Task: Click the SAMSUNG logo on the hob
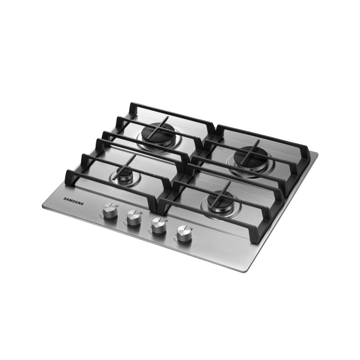click(73, 201)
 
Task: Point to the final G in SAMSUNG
click(82, 204)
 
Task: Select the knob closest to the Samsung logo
click(109, 211)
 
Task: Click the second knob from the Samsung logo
click(134, 218)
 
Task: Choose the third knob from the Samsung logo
click(159, 226)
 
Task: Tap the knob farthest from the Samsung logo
click(184, 234)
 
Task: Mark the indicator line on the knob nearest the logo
click(111, 206)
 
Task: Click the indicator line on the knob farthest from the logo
click(186, 228)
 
